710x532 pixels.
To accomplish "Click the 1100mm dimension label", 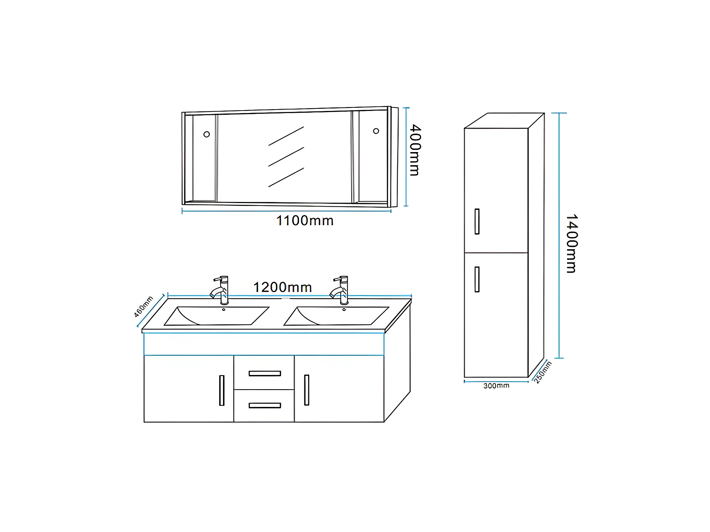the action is click(305, 221).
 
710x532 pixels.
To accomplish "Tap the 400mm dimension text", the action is click(415, 150).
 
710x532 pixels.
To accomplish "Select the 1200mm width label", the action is click(282, 287).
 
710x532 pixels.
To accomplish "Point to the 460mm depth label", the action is click(144, 306).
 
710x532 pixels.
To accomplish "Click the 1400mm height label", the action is click(571, 243).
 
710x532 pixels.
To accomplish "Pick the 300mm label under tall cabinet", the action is click(496, 386).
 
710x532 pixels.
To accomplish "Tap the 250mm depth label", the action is click(543, 372).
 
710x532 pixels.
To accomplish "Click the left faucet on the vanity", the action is click(220, 290).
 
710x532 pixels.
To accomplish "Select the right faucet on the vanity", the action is click(340, 290).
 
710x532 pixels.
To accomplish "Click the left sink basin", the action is click(216, 316).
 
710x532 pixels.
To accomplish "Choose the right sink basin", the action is click(336, 316).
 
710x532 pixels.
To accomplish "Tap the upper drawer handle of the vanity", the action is click(265, 373).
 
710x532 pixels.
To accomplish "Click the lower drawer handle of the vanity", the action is click(265, 405).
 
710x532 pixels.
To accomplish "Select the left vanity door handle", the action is click(222, 390).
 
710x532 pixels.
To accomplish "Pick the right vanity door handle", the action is click(307, 390).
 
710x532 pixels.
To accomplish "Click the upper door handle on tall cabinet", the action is click(477, 222).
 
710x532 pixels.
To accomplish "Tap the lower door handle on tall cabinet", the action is click(477, 279).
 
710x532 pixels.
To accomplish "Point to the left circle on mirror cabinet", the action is click(206, 134).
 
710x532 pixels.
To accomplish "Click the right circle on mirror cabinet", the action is click(376, 131).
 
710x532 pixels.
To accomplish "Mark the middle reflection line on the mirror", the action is click(286, 157).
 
